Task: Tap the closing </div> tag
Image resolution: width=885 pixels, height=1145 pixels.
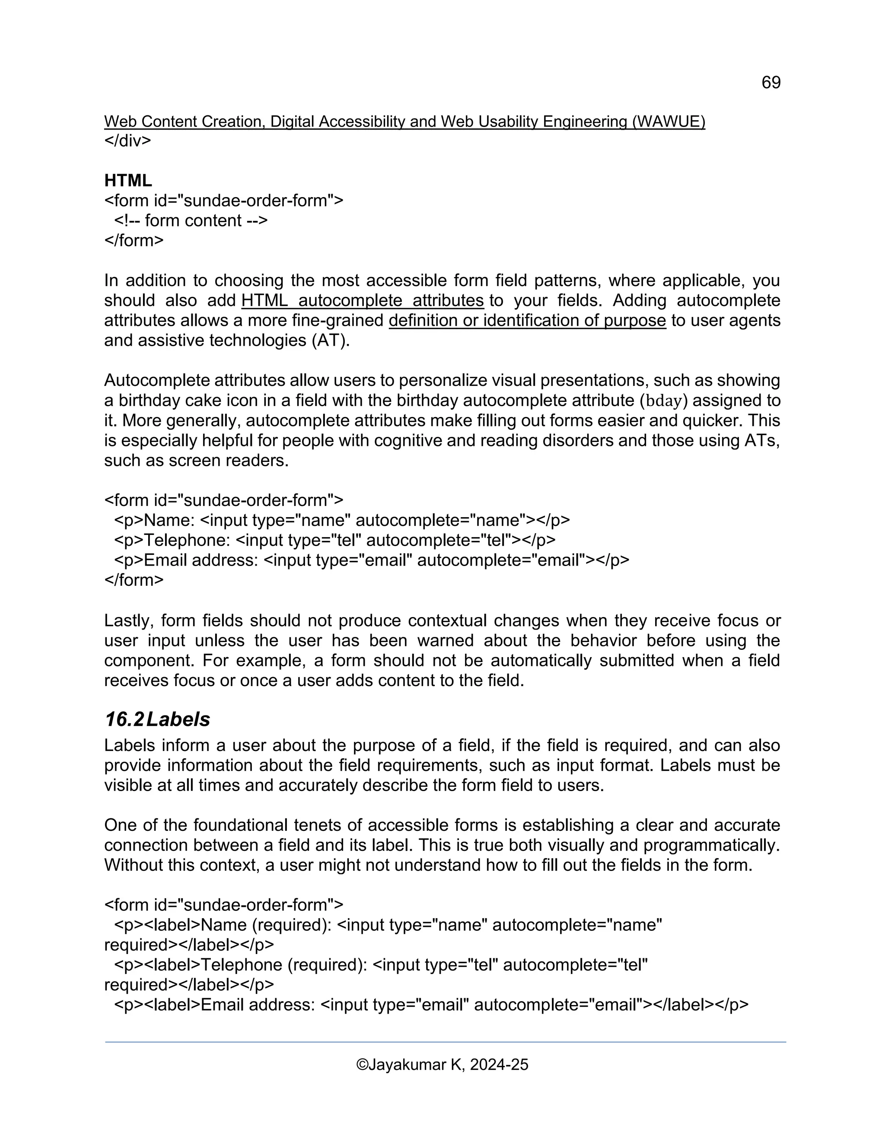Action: pos(127,141)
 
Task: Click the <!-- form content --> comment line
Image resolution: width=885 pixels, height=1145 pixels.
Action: pos(191,221)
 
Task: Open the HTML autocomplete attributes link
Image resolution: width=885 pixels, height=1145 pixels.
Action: pos(362,301)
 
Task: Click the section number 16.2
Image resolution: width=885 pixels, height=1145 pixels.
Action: pos(124,720)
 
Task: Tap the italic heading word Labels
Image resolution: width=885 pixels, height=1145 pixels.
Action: pos(178,720)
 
